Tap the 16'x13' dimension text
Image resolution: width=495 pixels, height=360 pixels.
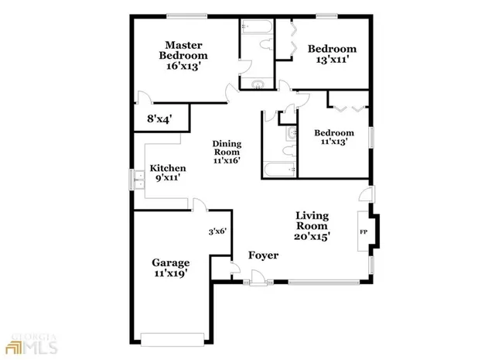pos(183,67)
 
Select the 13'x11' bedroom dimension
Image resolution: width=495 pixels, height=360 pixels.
pos(333,61)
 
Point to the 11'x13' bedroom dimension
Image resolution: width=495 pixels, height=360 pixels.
pos(333,142)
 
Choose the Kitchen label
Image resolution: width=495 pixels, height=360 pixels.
pos(168,168)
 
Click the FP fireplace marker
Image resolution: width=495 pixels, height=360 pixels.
pos(363,231)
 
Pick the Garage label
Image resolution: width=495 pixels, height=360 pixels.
pos(170,262)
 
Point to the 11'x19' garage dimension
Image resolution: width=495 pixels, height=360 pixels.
pos(170,273)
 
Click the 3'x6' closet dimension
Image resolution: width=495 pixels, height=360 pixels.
pos(217,231)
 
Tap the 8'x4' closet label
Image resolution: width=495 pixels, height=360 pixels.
pos(159,119)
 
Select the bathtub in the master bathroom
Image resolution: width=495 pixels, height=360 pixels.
pos(254,30)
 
